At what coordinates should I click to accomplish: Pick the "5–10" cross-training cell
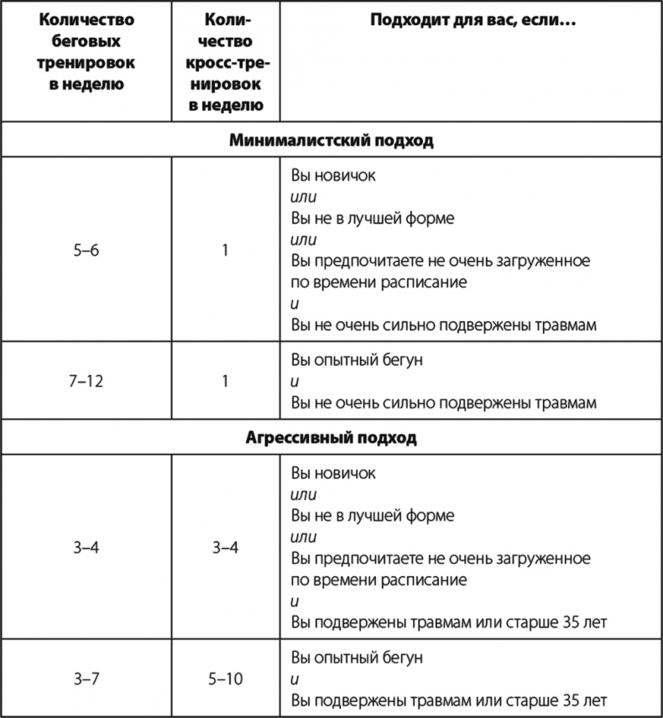(x=226, y=679)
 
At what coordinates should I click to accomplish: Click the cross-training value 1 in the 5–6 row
(x=226, y=250)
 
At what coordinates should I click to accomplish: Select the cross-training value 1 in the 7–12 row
(x=226, y=381)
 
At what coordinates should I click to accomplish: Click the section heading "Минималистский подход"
(x=331, y=140)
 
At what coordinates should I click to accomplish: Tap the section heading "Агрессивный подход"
(x=331, y=438)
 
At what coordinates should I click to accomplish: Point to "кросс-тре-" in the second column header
(x=226, y=63)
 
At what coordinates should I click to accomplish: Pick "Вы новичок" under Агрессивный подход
(x=333, y=473)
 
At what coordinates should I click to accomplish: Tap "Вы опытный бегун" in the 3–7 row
(x=357, y=657)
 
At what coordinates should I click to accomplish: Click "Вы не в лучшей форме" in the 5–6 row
(x=372, y=219)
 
